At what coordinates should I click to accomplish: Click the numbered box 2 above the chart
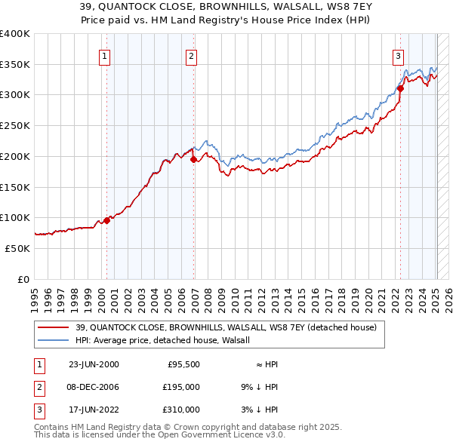coord(192,55)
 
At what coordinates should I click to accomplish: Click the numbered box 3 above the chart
coord(398,55)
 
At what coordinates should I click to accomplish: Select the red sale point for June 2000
coord(106,220)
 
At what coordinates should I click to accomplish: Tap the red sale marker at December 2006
coord(194,159)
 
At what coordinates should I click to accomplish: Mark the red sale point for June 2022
coord(400,88)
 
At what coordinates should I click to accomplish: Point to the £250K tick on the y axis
coord(15,126)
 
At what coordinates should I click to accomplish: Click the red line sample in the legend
coord(54,327)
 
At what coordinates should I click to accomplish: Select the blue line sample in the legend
coord(54,340)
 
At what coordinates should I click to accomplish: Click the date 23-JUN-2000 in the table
coord(94,364)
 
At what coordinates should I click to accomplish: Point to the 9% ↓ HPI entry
coord(257,387)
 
